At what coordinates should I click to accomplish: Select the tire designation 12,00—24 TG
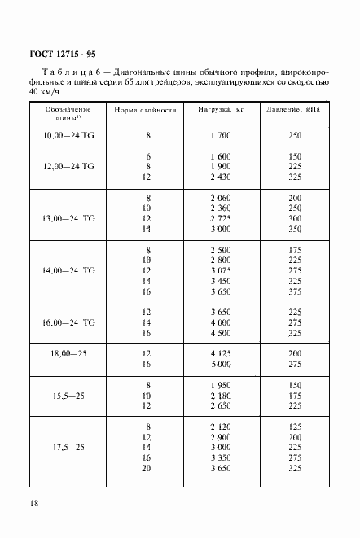(68, 165)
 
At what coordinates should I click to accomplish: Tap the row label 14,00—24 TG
(68, 270)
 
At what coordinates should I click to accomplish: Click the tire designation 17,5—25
(68, 447)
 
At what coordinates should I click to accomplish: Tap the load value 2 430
(222, 177)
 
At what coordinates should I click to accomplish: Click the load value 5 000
(222, 362)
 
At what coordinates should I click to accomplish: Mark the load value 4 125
(222, 351)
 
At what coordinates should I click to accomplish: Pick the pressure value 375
(295, 293)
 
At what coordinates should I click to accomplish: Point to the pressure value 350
(295, 230)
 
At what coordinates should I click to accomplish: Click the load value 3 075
(222, 270)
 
